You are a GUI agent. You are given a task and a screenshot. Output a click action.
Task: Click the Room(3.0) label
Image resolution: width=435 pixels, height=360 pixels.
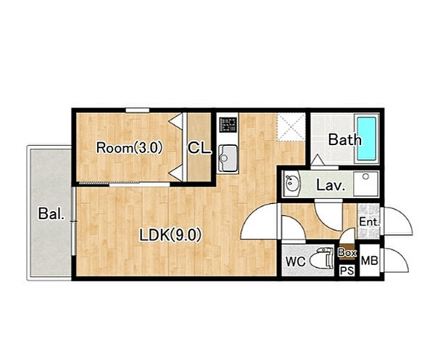point(129,148)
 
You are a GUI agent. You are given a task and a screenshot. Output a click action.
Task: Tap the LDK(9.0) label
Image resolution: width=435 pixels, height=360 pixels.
point(170,235)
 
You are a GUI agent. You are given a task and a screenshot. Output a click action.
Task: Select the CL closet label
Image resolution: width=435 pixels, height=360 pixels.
point(199,148)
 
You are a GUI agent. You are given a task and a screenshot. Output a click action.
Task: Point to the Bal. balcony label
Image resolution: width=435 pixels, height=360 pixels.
point(51,213)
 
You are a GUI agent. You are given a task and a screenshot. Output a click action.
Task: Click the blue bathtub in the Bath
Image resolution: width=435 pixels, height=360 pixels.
point(366,139)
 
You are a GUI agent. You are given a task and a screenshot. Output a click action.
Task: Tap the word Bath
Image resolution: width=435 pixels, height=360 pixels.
point(345,140)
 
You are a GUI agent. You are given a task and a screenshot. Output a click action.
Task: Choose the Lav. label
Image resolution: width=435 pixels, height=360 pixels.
point(331,185)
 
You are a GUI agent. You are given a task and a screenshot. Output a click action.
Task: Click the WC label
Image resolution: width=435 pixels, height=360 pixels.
point(296,261)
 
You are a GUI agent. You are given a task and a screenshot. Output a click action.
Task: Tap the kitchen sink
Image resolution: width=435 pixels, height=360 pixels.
point(228,158)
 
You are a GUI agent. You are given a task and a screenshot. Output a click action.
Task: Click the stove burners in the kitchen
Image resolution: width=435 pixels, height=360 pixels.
point(228,124)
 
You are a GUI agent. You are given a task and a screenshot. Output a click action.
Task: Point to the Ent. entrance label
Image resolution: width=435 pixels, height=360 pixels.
point(369,222)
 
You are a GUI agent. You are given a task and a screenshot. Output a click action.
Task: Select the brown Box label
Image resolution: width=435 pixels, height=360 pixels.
point(347,253)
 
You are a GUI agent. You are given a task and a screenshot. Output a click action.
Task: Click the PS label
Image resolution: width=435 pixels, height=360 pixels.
point(347,271)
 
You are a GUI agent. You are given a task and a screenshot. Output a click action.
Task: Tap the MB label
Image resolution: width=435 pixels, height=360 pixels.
point(369,261)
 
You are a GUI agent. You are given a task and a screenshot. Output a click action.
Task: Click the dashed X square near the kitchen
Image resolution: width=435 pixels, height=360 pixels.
point(291,127)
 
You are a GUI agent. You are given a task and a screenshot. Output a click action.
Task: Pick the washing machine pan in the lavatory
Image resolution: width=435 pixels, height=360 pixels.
point(366,184)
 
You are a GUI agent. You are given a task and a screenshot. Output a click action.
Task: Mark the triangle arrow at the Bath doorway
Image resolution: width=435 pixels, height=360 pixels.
point(317,160)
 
